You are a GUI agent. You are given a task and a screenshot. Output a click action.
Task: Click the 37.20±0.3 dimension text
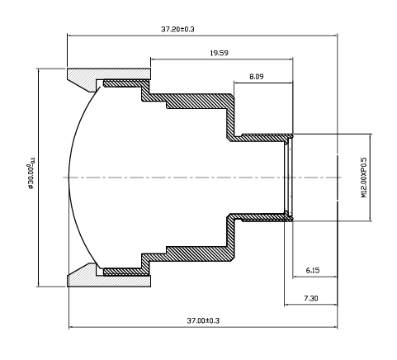click(177, 29)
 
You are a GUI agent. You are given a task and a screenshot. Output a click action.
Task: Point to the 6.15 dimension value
click(313, 270)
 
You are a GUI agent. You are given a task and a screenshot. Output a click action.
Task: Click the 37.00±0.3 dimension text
click(202, 320)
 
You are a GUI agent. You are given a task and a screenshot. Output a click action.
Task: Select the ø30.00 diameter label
click(31, 177)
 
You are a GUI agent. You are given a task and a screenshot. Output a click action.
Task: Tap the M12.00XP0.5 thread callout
click(364, 177)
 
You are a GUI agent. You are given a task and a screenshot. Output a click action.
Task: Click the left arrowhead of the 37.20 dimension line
click(69, 36)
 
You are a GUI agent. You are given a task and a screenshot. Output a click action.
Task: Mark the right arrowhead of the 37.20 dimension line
click(337, 36)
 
